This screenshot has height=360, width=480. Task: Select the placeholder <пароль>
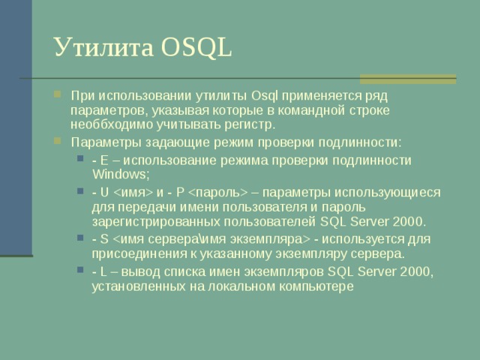pyautogui.click(x=219, y=192)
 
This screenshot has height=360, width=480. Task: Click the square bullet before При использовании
pyautogui.click(x=58, y=96)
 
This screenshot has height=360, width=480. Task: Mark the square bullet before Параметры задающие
pyautogui.click(x=58, y=142)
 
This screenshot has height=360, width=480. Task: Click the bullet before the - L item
pyautogui.click(x=80, y=272)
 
